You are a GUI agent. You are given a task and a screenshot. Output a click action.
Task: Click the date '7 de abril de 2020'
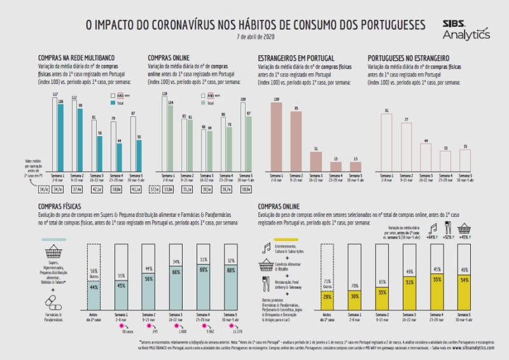[x=254, y=36]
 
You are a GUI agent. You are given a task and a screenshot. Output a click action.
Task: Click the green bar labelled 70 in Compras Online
[x=228, y=149]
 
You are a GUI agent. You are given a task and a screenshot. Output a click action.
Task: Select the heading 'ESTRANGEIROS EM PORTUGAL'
[x=296, y=58]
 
